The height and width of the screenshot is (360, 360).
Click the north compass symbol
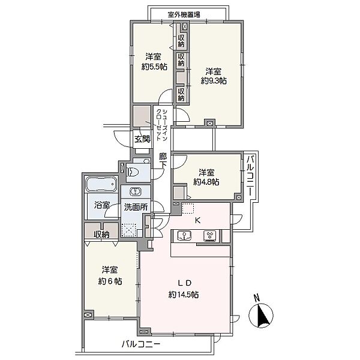pos(261,315)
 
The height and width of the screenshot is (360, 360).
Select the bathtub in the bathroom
pos(101,184)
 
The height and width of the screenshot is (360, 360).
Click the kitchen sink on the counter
pos(185,236)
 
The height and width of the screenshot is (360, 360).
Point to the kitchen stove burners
pos(211,236)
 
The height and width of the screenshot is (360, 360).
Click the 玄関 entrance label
pos(142,139)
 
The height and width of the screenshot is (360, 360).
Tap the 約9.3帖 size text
pos(214,81)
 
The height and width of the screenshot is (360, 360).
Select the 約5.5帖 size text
pos(154,67)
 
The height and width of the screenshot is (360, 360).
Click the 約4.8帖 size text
pos(206,182)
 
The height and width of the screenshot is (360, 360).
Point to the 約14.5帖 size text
pos(184,295)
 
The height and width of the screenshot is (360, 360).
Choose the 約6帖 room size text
pos(110,281)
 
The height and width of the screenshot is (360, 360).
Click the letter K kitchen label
pos(197,221)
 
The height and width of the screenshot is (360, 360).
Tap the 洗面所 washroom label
pos(136,207)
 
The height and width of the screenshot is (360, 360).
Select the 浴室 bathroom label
pos(102,205)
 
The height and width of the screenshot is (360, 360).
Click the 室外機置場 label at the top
pos(184,14)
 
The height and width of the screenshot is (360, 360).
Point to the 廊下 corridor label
pos(163,161)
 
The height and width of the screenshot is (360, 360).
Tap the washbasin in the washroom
pos(136,191)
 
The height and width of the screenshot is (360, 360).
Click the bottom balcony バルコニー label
pos(141,344)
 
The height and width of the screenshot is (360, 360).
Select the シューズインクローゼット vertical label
pos(161,125)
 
